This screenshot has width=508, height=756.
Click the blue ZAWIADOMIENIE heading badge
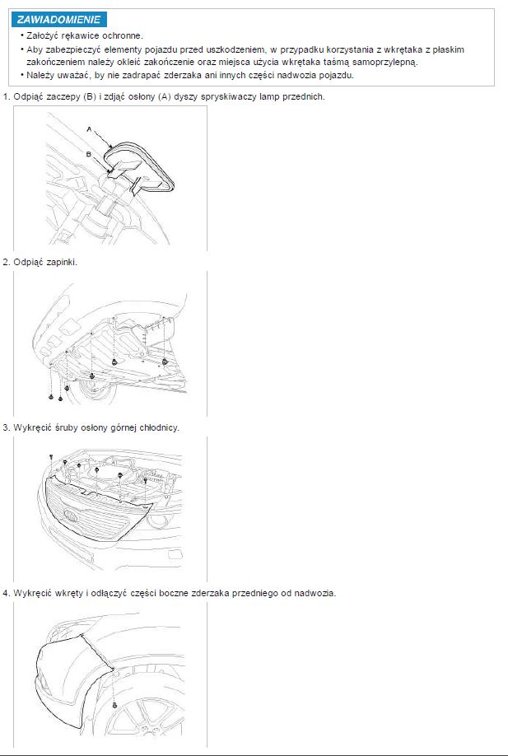tap(59, 20)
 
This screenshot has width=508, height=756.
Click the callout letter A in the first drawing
tap(89, 129)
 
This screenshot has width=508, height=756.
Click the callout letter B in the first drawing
tap(89, 154)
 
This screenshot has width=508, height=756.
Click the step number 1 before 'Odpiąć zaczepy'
tap(6, 96)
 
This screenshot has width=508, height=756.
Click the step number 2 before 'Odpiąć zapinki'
tap(6, 262)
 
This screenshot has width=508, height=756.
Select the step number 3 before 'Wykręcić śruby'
tap(6, 427)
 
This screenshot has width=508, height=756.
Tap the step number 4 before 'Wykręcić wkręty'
tap(6, 593)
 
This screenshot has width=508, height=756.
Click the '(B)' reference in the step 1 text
tap(90, 96)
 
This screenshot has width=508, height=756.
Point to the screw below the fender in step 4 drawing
tap(114, 705)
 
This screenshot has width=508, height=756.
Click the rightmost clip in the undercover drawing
tap(165, 361)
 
